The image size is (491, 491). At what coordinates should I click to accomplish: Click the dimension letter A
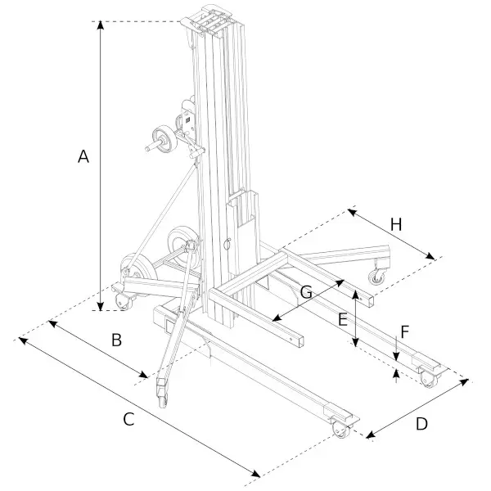pos(83,157)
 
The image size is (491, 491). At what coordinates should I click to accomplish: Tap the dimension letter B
pos(116,340)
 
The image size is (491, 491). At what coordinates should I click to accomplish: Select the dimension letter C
pos(128,420)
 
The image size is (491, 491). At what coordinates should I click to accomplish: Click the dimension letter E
pos(343,320)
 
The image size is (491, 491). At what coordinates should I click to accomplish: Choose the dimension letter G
pos(306,291)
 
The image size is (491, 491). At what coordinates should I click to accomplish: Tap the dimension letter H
pos(395,223)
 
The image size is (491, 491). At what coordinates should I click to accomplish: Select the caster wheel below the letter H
pos(377,277)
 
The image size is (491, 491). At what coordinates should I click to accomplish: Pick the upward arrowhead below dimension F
pos(396,376)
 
